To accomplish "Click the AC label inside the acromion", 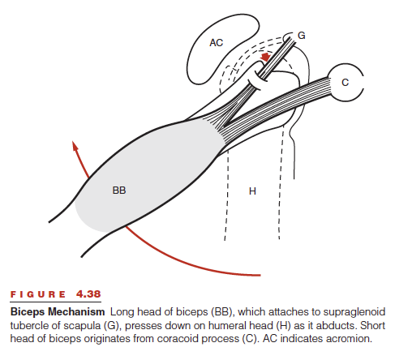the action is (x=216, y=43).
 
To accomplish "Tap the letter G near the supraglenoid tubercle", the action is (x=302, y=36).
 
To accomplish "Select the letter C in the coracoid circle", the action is (x=345, y=82).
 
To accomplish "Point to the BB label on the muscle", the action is (x=119, y=191).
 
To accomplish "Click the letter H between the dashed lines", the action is (x=252, y=191).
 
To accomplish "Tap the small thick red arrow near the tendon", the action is (x=265, y=58).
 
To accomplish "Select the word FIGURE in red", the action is (x=38, y=294).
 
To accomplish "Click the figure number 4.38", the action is (x=88, y=294).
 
